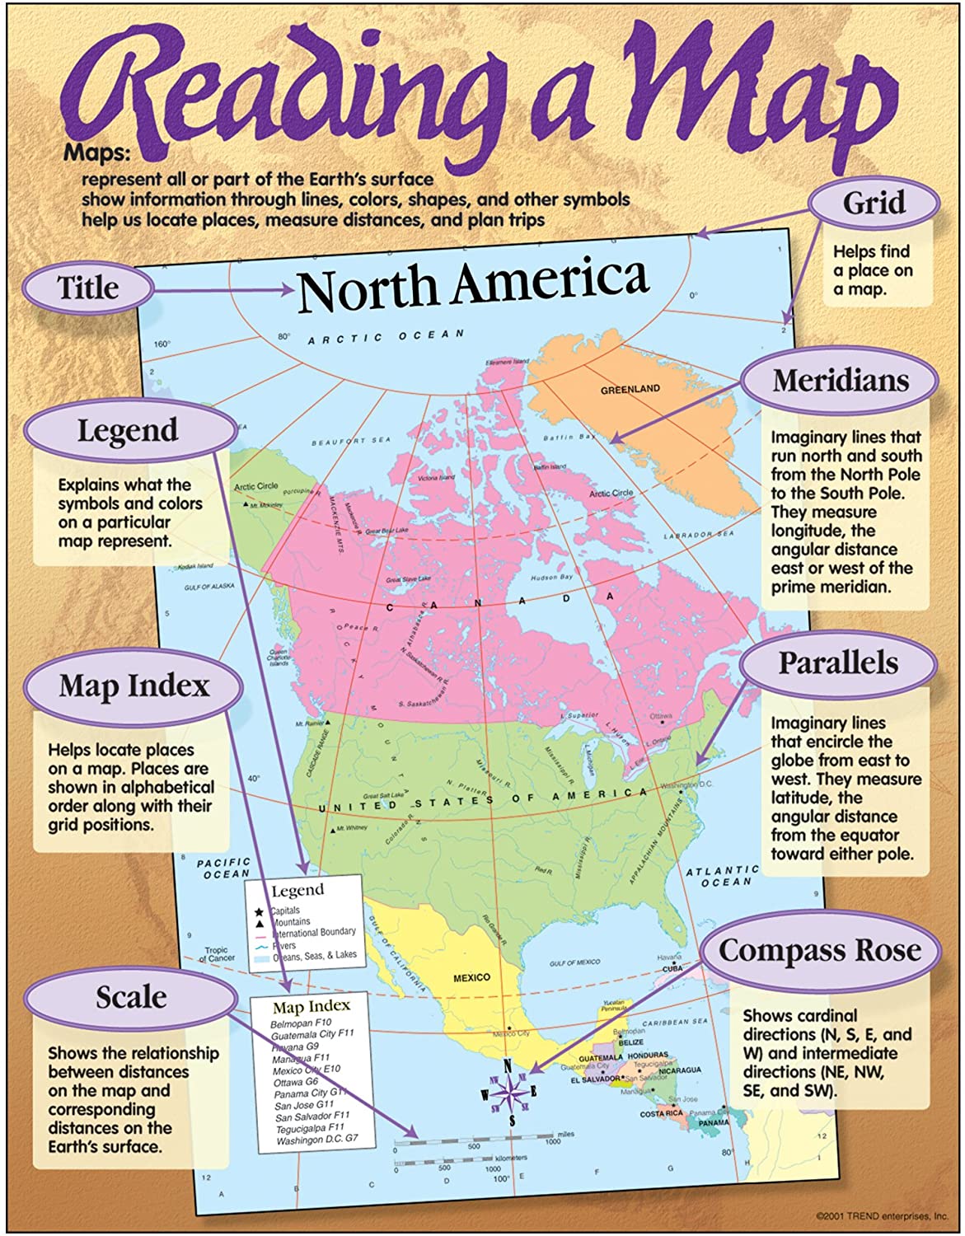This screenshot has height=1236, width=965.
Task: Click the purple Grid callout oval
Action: tap(874, 203)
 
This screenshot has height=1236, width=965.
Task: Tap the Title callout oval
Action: tap(88, 288)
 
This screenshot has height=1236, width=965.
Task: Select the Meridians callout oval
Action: tap(840, 381)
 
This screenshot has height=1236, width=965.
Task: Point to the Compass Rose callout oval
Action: tap(819, 951)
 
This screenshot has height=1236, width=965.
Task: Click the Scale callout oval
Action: tap(131, 998)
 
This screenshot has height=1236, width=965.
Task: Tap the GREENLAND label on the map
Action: tap(630, 389)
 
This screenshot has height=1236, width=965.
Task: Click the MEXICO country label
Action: tap(471, 978)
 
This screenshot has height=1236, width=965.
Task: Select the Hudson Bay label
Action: tap(551, 578)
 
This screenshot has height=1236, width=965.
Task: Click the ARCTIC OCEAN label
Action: tap(386, 336)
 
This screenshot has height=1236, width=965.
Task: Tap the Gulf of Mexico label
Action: tap(575, 962)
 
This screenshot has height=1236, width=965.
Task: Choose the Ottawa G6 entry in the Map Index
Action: tap(296, 1082)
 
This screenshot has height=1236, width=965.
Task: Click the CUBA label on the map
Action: tap(673, 969)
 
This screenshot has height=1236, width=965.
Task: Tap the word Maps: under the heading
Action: tap(96, 152)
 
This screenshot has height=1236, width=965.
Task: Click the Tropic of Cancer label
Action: tap(218, 954)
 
